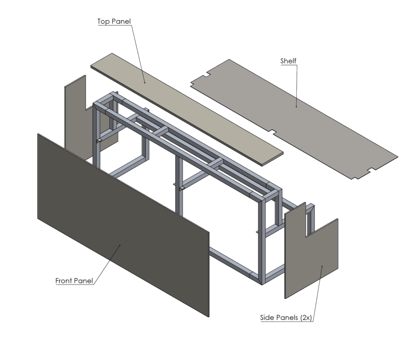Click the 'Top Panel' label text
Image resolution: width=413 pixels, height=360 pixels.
point(114,21)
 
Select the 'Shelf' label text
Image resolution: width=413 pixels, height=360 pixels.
point(288,61)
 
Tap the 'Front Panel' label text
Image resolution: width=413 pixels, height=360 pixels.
point(74,281)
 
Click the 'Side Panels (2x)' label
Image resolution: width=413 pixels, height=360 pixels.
point(286,318)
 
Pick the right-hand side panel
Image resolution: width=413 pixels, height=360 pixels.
point(311,258)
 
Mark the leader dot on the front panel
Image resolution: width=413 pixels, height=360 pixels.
point(120,245)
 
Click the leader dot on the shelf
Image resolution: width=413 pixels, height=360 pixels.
point(296,107)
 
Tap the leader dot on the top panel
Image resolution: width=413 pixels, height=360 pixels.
point(145,83)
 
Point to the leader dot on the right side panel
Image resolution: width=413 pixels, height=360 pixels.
point(321,266)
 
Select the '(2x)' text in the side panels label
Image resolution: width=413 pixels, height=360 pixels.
point(305,318)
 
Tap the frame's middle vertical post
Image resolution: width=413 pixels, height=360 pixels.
point(178,184)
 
